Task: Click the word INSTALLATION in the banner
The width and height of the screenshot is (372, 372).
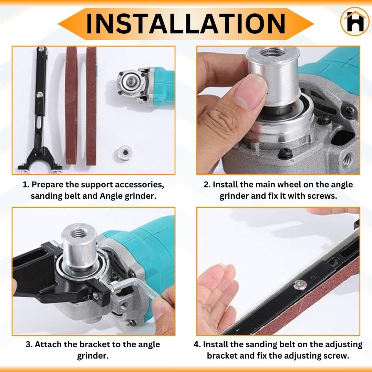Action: click(x=186, y=24)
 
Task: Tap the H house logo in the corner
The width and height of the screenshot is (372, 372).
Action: click(x=355, y=21)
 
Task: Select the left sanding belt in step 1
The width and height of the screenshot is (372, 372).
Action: click(x=71, y=105)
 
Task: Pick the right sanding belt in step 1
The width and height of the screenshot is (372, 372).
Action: click(x=91, y=106)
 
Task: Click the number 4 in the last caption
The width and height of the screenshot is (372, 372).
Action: click(x=197, y=344)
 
